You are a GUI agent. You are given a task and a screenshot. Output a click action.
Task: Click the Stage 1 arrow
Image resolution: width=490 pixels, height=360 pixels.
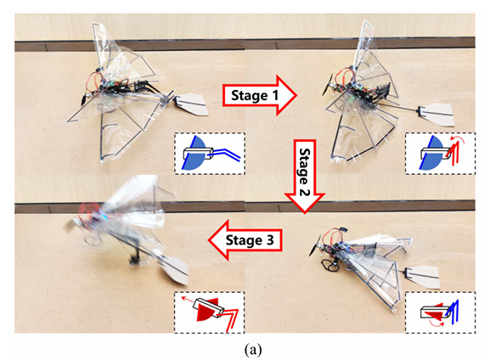259,95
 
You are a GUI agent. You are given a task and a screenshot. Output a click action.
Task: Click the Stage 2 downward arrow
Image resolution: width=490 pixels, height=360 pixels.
304,177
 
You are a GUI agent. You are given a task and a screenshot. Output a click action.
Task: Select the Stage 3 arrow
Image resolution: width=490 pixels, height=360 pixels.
245,240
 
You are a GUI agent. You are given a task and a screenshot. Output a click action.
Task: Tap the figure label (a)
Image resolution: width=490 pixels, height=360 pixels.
253,350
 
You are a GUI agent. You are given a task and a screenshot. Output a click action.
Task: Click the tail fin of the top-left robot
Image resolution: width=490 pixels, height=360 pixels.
191,104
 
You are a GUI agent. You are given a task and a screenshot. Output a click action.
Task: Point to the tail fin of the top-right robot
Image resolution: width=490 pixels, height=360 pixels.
436,114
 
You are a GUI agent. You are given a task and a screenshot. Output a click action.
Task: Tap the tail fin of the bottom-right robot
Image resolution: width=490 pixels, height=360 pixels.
424,276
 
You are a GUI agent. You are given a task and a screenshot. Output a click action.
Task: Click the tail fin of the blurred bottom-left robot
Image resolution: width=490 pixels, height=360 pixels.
174,270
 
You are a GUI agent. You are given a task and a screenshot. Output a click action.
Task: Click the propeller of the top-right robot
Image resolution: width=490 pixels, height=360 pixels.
327,84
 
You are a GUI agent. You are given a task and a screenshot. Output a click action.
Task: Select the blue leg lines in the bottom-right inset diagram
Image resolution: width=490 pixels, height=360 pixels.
453,312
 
